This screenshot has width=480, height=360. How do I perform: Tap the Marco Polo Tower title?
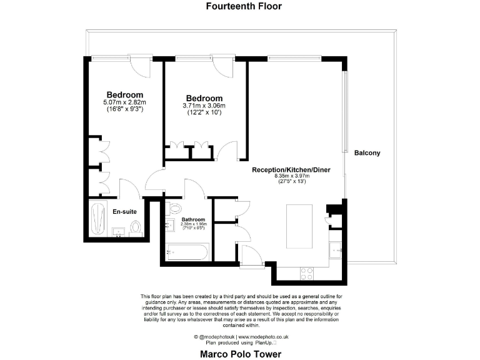click(x=241, y=354)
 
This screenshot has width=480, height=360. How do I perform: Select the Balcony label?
click(x=367, y=153)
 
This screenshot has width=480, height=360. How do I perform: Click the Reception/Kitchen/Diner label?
click(x=291, y=170)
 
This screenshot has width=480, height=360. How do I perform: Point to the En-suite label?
click(x=124, y=212)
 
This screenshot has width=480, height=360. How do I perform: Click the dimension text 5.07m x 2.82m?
click(x=124, y=102)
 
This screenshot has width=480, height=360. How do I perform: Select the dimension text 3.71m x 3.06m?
click(x=204, y=106)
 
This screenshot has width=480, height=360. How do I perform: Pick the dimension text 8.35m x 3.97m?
click(x=292, y=176)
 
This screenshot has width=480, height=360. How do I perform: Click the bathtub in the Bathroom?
click(x=187, y=253)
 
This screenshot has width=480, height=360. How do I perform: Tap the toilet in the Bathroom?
click(x=175, y=208)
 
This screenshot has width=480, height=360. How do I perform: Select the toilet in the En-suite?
click(x=136, y=229)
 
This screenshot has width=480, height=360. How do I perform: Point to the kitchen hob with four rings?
click(x=307, y=273)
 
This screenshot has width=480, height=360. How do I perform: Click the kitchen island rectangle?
click(x=297, y=226)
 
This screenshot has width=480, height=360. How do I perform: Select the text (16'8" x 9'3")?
click(x=124, y=109)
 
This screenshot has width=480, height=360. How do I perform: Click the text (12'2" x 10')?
click(x=204, y=112)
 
